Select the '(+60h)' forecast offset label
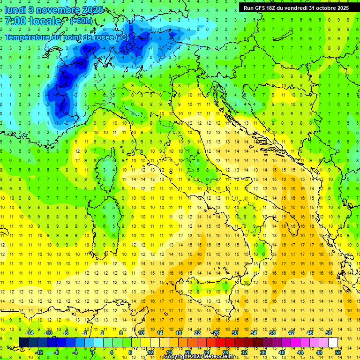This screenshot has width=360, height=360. tap(81, 21)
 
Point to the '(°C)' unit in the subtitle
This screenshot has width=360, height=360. tap(121, 37)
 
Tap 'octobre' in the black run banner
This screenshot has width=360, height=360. tap(323, 8)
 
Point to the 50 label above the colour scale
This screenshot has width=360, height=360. tap(329, 333)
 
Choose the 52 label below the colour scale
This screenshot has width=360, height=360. tap(338, 352)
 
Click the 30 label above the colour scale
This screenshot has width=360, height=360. tap(235, 333)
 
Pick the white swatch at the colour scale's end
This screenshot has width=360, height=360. tap(333, 342)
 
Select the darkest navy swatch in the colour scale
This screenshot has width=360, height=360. tap(23, 342)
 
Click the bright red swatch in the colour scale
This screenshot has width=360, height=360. tap(220, 342)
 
